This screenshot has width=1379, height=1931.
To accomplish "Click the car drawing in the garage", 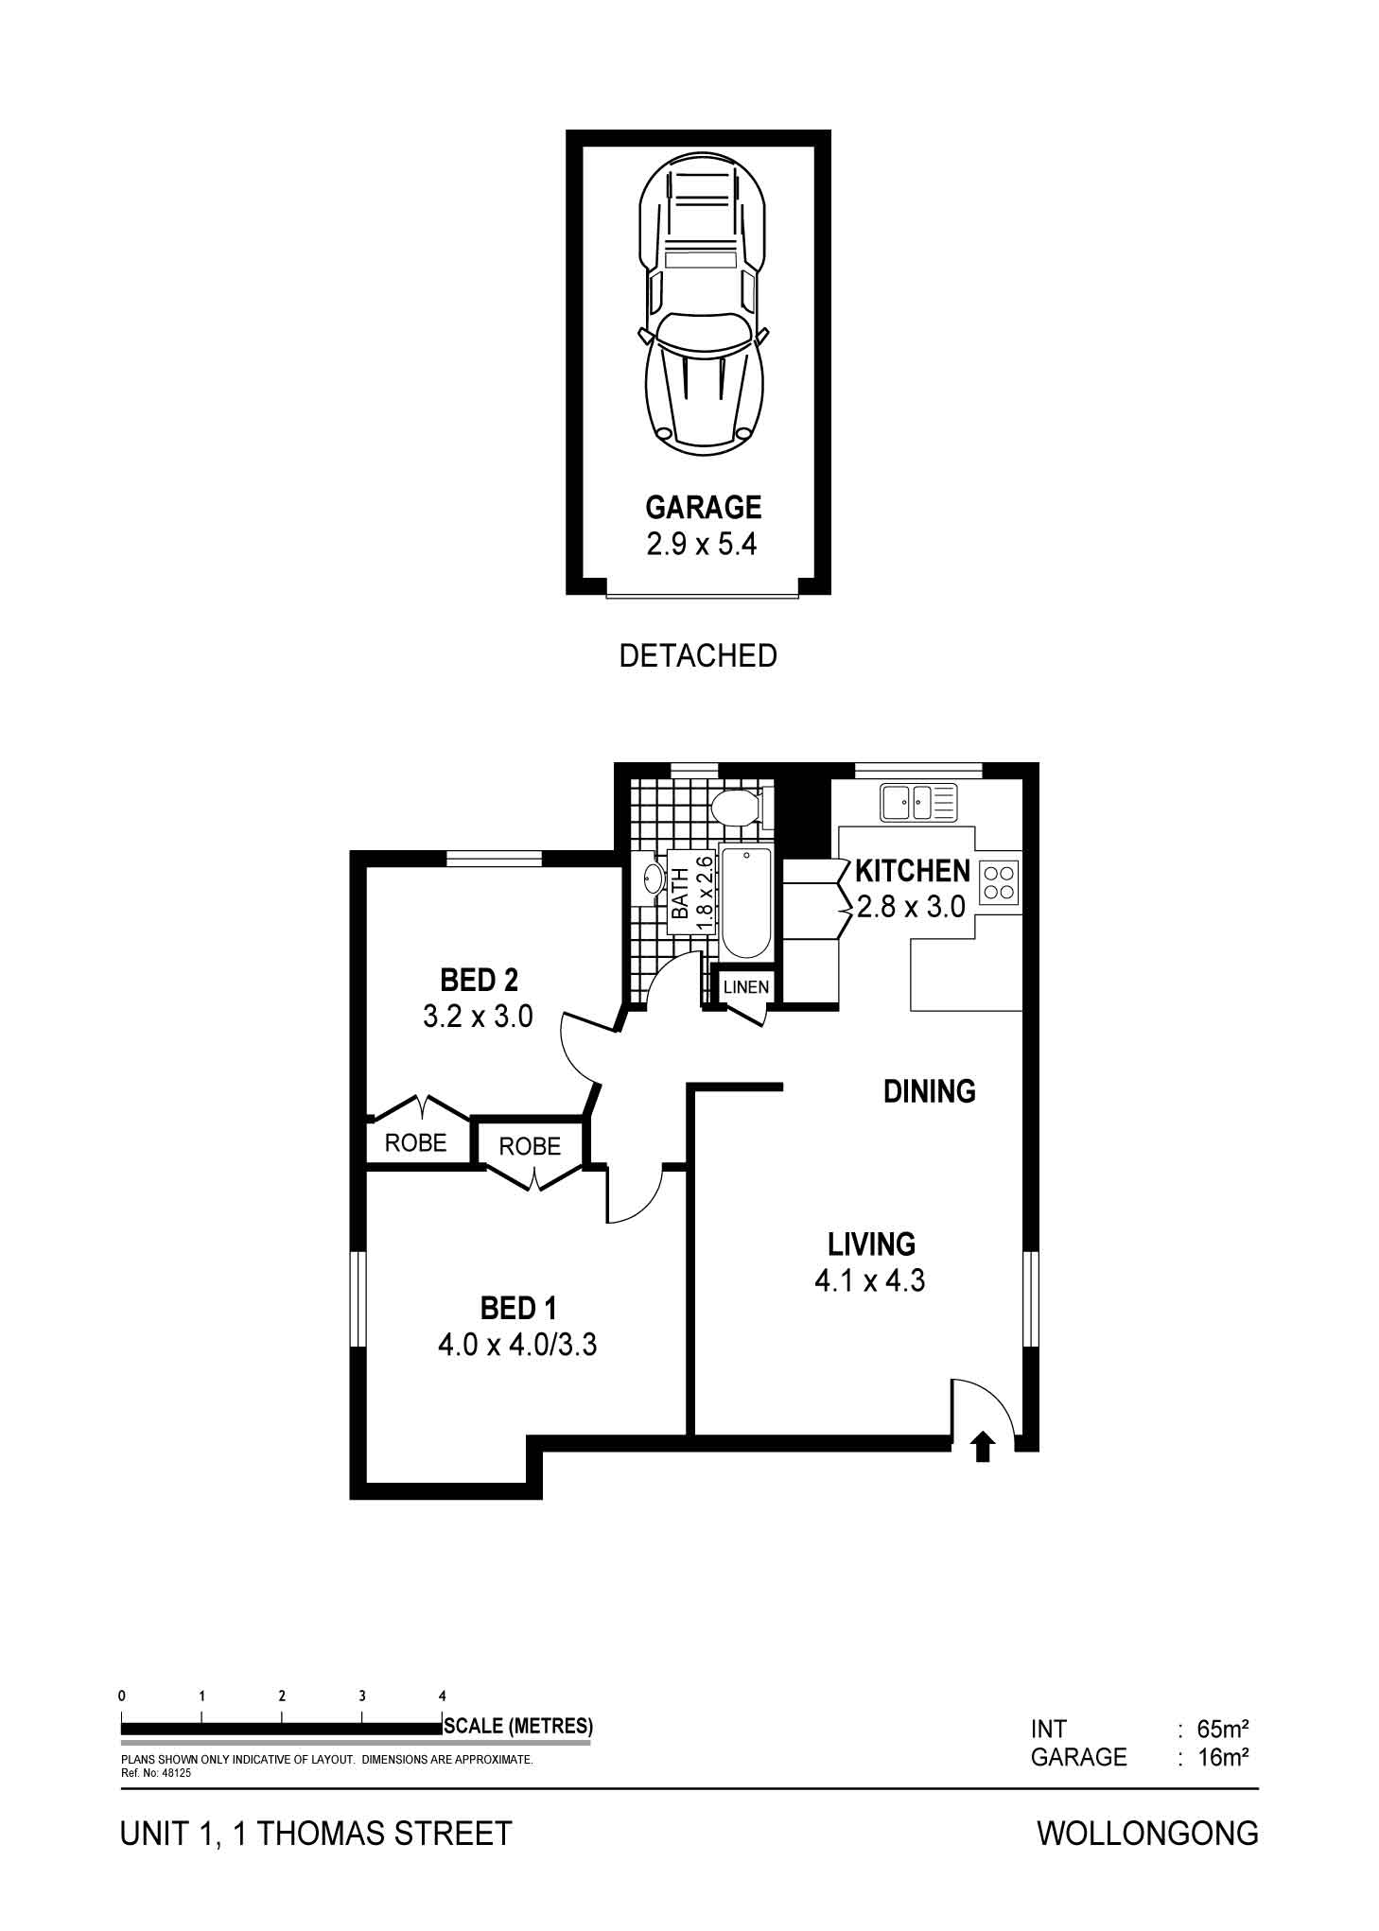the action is [x=703, y=304].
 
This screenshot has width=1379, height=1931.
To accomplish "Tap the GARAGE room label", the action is [x=703, y=508].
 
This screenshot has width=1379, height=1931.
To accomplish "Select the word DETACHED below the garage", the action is [x=698, y=655].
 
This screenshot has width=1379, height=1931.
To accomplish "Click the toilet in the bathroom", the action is [x=738, y=809].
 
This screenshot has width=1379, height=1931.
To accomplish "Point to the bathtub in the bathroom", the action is [x=746, y=903].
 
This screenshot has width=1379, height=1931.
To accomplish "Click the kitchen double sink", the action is [x=918, y=803].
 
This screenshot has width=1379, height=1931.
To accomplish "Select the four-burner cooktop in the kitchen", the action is [x=1000, y=882].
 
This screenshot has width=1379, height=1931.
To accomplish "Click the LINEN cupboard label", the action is [x=746, y=987].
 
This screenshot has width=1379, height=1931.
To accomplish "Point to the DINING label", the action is [x=929, y=1091].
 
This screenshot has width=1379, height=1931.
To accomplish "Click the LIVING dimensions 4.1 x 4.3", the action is [x=869, y=1280].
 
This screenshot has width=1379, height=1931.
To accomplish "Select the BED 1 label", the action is [x=518, y=1309].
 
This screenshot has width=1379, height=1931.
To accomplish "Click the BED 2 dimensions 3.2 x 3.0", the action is [x=478, y=1017].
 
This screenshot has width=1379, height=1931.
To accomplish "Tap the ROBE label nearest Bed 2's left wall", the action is [x=415, y=1143].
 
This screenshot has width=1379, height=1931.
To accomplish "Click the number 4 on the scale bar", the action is [x=443, y=1696].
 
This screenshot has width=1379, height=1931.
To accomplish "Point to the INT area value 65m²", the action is [x=1223, y=1730].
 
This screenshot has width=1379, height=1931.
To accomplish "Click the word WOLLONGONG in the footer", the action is [x=1147, y=1834].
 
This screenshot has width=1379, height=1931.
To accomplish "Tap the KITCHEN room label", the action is [x=912, y=870].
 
